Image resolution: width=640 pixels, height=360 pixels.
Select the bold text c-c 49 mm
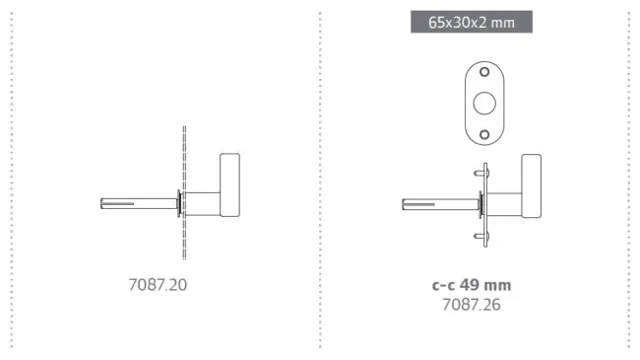pyautogui.click(x=471, y=285)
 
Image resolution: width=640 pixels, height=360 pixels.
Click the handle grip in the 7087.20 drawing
pyautogui.click(x=230, y=185)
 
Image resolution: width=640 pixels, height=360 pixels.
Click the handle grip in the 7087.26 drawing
pyautogui.click(x=530, y=185)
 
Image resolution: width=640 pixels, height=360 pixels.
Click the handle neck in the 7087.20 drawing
pyautogui.click(x=202, y=203)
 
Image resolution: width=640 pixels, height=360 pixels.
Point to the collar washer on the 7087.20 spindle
pyautogui.click(x=178, y=204)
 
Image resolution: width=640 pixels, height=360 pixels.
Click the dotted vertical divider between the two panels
pyautogui.click(x=320, y=180)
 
